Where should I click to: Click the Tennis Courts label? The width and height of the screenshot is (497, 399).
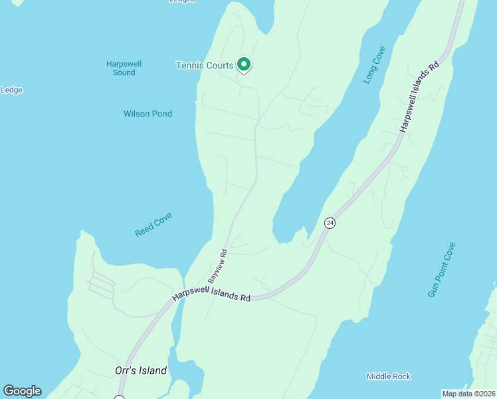pyautogui.click(x=204, y=65)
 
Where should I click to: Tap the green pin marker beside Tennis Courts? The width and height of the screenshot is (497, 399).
pyautogui.click(x=244, y=65)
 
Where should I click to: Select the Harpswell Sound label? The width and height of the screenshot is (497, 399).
pyautogui.click(x=124, y=68)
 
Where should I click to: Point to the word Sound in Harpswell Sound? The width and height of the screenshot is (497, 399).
pyautogui.click(x=124, y=72)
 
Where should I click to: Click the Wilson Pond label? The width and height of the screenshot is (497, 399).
pyautogui.click(x=148, y=114)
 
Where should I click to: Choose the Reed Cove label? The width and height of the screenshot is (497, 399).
pyautogui.click(x=153, y=225)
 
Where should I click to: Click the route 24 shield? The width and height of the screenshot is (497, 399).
pyautogui.click(x=330, y=223)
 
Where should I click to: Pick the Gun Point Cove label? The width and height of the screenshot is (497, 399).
pyautogui.click(x=442, y=269)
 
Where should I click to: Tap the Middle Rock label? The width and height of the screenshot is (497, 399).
pyautogui.click(x=389, y=376)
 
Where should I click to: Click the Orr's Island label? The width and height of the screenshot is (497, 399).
pyautogui.click(x=139, y=370)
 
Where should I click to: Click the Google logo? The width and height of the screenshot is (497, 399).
pyautogui.click(x=22, y=391)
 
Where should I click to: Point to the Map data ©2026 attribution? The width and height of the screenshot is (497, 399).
pyautogui.click(x=468, y=393)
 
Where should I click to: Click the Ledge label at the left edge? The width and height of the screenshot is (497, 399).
pyautogui.click(x=11, y=90)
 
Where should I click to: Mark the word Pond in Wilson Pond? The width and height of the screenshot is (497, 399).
pyautogui.click(x=161, y=114)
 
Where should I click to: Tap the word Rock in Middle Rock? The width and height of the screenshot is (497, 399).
pyautogui.click(x=401, y=376)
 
